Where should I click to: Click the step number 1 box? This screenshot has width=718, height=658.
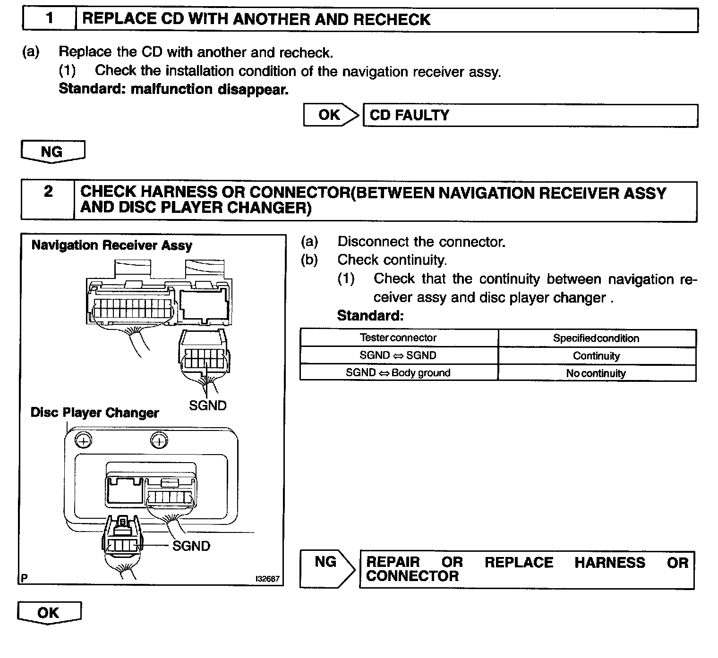50,19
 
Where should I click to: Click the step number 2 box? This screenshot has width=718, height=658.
48,200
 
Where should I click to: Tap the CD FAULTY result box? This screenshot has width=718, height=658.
530,115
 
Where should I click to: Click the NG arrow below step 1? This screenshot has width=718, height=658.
52,152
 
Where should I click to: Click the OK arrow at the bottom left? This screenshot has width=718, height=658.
49,613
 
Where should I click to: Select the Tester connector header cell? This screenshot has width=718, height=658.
398,338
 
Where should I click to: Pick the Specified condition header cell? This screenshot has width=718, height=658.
596,338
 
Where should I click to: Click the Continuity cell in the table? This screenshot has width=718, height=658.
596,356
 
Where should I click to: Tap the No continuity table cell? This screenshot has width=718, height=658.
596,373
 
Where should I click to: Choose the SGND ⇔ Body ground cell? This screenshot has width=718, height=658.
398,373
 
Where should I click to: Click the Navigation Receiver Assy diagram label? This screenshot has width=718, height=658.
112,245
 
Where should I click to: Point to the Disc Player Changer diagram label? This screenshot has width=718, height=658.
94,413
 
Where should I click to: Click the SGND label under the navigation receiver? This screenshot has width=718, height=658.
207,405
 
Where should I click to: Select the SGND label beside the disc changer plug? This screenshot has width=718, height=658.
191,546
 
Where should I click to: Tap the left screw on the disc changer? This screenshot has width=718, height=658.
84,441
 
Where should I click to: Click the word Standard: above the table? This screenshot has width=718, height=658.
370,315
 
